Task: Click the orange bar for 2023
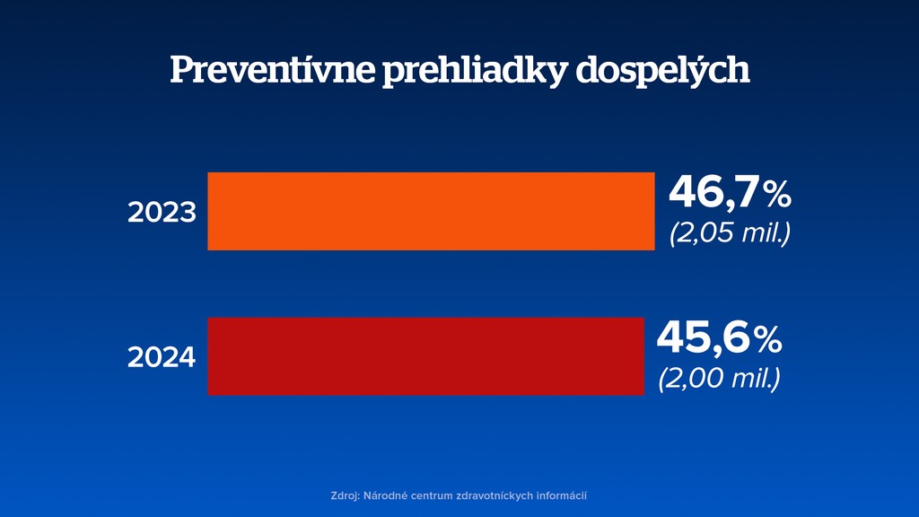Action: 431,211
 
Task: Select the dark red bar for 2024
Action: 425,356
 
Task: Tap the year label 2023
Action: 162,213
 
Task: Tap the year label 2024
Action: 162,357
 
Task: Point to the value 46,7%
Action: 730,193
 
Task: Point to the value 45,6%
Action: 719,338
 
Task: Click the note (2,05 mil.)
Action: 730,233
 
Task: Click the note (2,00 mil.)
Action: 719,378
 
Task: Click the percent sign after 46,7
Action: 776,194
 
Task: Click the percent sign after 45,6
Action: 767,339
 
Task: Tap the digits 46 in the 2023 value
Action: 696,193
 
